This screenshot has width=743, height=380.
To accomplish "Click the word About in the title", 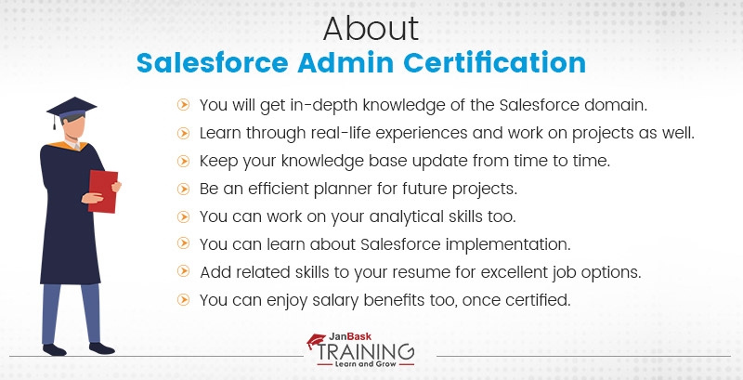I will pyautogui.click(x=371, y=29).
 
